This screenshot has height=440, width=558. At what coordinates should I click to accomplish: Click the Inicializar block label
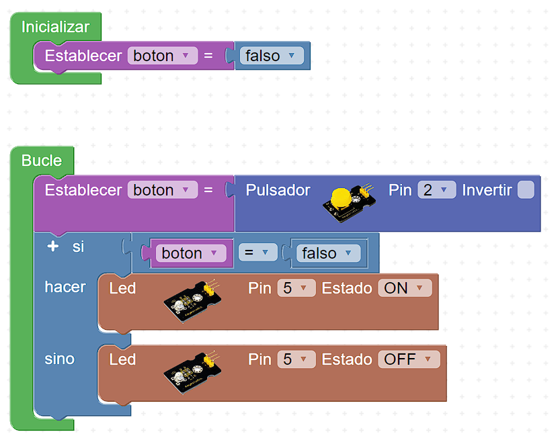coord(55,27)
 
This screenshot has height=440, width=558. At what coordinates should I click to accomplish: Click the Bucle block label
coord(42,161)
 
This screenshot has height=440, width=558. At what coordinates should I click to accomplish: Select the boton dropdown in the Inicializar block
coord(162,56)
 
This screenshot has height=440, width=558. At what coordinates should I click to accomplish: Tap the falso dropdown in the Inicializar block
coord(271,56)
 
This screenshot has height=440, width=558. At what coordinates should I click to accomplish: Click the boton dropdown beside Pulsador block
coord(162,190)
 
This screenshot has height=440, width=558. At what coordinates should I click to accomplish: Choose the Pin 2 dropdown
coord(436,190)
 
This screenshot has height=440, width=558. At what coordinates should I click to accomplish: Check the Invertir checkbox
coord(526,190)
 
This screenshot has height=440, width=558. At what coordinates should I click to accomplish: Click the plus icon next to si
coord(53,247)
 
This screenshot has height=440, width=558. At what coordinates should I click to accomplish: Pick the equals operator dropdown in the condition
coord(258,253)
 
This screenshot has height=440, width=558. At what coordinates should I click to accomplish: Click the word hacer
coord(65,287)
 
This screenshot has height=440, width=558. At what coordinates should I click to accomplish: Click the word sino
coord(60,359)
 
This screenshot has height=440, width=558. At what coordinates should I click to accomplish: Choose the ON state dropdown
coord(404,288)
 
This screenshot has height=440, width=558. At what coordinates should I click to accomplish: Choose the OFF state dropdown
coord(408,359)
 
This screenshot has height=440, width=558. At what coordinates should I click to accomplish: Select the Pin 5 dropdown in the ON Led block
coord(296,288)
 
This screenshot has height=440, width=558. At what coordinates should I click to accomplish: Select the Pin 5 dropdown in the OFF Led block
coord(296,359)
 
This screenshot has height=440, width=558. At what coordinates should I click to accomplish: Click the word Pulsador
coord(278,190)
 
